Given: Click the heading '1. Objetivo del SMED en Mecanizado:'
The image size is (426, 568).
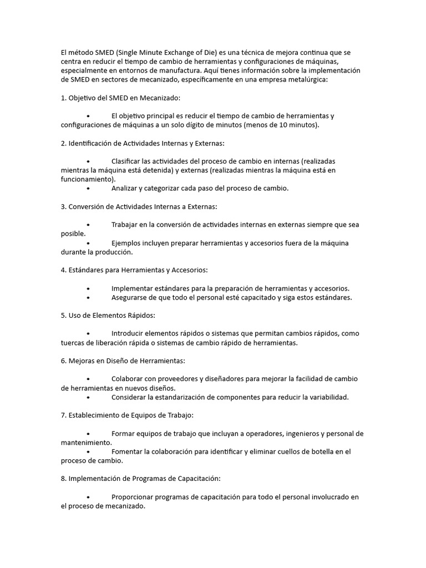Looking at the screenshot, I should pyautogui.click(x=120, y=98).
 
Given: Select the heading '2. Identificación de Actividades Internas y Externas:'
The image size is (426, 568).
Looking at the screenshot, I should pyautogui.click(x=143, y=143).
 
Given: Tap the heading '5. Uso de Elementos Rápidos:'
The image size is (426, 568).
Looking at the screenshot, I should pyautogui.click(x=108, y=315).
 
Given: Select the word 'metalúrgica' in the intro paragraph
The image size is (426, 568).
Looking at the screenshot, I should pyautogui.click(x=307, y=80).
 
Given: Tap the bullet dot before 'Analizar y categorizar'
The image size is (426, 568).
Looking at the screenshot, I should pyautogui.click(x=88, y=189).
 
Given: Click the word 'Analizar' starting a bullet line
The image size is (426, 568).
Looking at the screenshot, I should pyautogui.click(x=125, y=189).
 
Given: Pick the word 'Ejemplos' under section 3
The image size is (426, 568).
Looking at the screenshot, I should pyautogui.click(x=127, y=243).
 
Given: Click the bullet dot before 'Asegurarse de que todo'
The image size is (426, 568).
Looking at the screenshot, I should pyautogui.click(x=88, y=297).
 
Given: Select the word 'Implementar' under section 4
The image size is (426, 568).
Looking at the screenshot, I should pyautogui.click(x=132, y=288).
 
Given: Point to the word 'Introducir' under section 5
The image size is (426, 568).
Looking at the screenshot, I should pyautogui.click(x=128, y=333).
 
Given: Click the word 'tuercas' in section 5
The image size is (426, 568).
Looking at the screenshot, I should pyautogui.click(x=73, y=343).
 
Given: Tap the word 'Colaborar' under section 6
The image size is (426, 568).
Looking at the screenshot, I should pyautogui.click(x=128, y=379).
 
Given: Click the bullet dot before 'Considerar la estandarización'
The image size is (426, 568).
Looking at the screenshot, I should pyautogui.click(x=88, y=397).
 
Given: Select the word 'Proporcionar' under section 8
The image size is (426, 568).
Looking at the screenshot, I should pyautogui.click(x=134, y=497).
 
